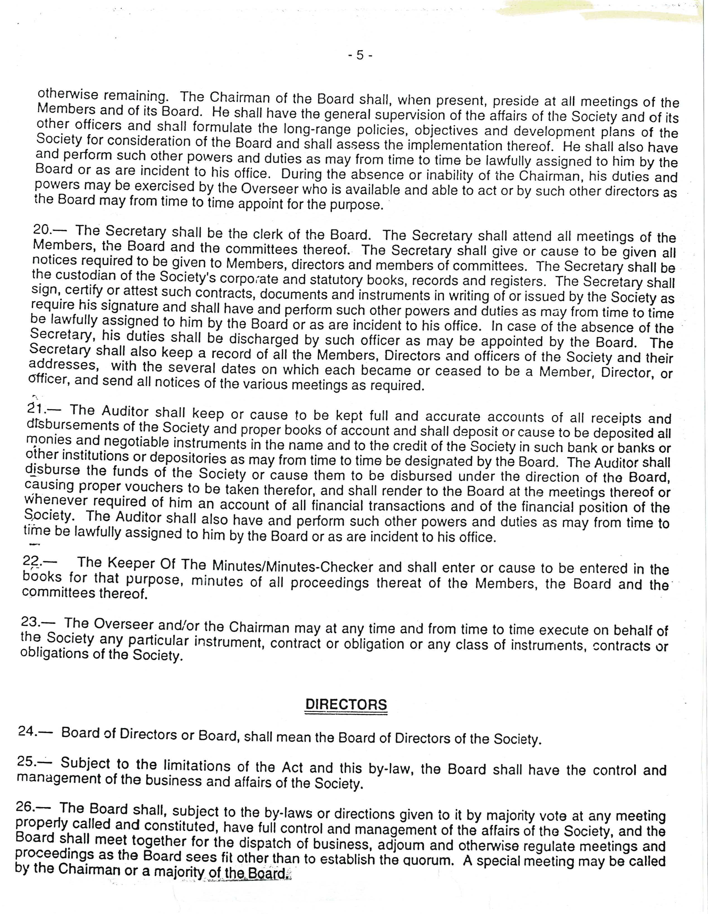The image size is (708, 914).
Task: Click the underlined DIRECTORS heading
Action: tap(346, 704)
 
